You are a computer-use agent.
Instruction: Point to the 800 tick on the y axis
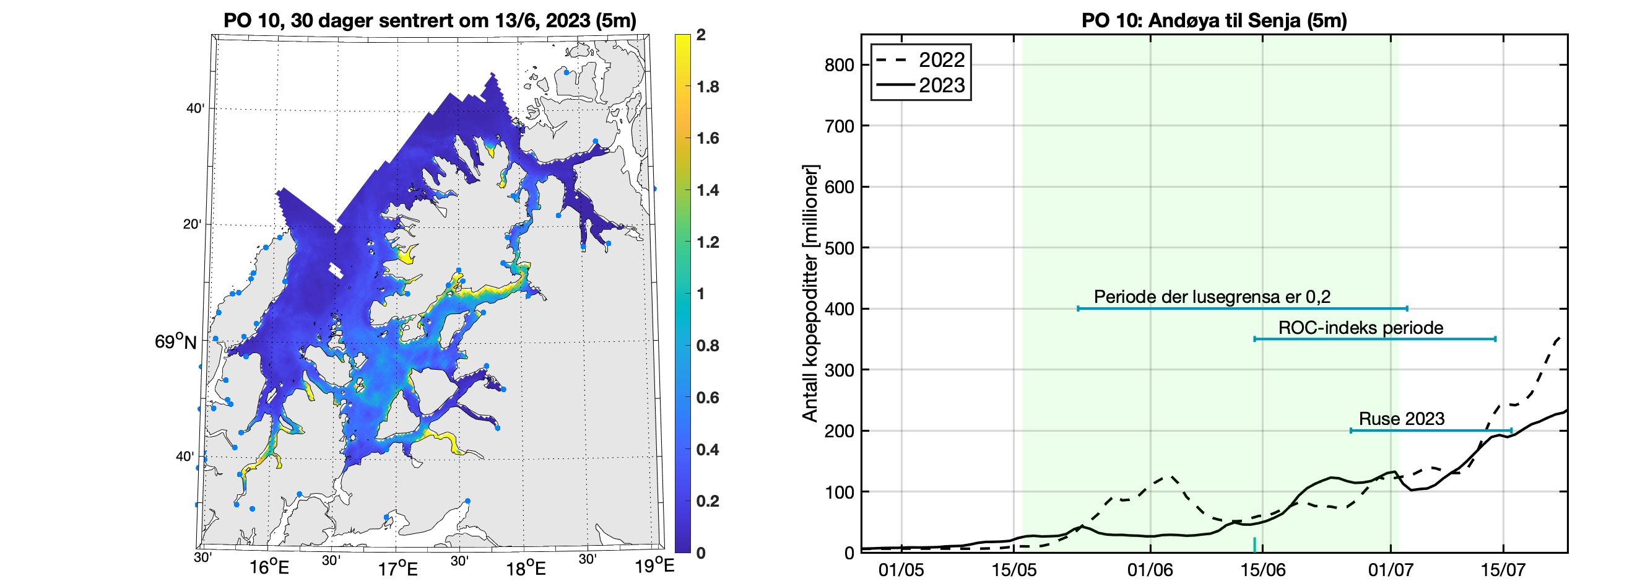839,65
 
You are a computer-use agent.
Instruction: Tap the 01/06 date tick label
1150,570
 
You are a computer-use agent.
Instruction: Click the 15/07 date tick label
1503,570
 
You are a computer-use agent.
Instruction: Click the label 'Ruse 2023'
1401,419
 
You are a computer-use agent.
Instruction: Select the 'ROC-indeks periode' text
1360,328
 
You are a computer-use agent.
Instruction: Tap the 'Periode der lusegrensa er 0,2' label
1212,297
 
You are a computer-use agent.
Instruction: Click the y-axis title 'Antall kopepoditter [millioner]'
810,294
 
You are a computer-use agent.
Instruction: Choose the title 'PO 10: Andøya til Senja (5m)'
1214,20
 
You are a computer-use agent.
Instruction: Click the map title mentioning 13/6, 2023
430,20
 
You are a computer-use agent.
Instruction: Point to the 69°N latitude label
176,342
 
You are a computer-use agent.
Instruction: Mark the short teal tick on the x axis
1254,544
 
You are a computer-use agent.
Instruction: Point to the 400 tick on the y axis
839,309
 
